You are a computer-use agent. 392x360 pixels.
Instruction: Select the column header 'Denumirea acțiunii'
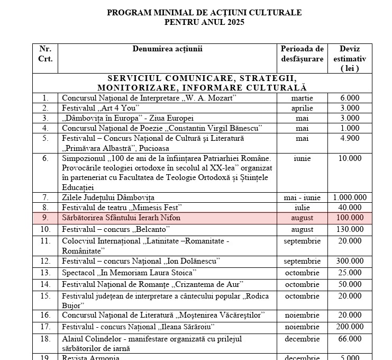pyautogui.click(x=167, y=49)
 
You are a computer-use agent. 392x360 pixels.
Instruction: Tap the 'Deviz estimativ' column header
pyautogui.click(x=350, y=58)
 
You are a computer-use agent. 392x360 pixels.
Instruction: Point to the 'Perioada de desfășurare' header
pyautogui.click(x=302, y=54)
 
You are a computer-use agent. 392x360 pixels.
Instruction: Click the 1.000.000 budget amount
pyautogui.click(x=350, y=197)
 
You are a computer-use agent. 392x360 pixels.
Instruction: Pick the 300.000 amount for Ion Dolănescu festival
pyautogui.click(x=350, y=261)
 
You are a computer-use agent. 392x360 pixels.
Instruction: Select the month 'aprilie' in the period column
pyautogui.click(x=302, y=108)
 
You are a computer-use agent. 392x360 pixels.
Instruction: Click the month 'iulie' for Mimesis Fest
pyautogui.click(x=302, y=207)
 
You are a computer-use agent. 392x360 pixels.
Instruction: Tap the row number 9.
pyautogui.click(x=45, y=218)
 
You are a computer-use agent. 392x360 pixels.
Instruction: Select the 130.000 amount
pyautogui.click(x=350, y=229)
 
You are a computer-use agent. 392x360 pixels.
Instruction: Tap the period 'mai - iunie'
pyautogui.click(x=302, y=197)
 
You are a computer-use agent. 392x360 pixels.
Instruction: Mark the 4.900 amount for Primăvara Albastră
pyautogui.click(x=350, y=138)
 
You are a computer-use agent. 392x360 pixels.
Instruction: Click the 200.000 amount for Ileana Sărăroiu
pyautogui.click(x=350, y=327)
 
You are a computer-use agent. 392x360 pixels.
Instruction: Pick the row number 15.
pyautogui.click(x=45, y=295)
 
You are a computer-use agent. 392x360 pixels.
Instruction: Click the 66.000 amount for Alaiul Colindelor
pyautogui.click(x=350, y=338)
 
